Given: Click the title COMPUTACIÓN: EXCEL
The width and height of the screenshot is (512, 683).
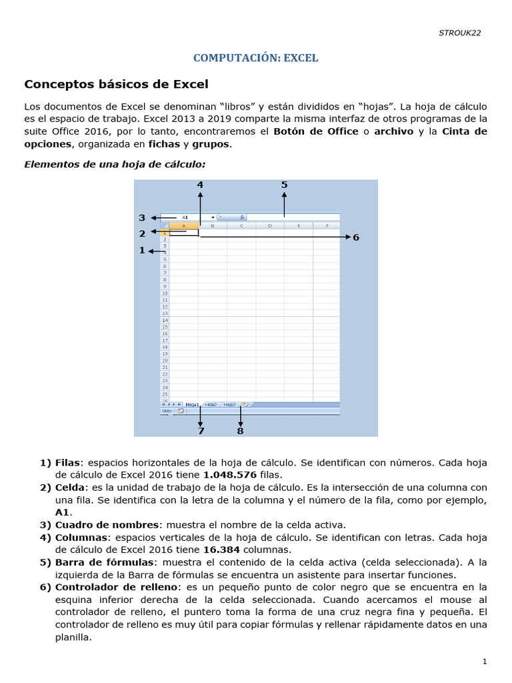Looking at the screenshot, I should point(255,58).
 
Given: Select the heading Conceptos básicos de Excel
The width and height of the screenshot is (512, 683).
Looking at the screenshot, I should point(116,84).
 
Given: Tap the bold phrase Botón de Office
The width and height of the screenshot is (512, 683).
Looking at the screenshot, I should point(315,131).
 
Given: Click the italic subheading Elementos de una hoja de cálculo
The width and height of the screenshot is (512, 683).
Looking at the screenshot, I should point(115,163).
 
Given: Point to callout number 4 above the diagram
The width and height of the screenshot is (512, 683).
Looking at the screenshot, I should point(200,185).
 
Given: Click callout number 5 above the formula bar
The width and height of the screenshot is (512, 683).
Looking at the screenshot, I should point(284,185).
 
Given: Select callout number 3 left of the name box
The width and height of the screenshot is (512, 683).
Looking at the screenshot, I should point(142,217).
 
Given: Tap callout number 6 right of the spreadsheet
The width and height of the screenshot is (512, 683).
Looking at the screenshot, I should point(356,237).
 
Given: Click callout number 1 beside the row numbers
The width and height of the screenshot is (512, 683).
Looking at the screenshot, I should point(142,250).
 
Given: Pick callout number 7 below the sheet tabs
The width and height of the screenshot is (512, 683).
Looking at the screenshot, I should point(200,431).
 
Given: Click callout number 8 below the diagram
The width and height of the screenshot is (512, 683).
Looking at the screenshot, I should point(240,431).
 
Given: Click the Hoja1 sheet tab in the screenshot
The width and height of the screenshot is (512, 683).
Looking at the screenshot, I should point(192,404).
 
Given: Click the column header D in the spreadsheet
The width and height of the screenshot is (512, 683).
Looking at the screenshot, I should point(269,226).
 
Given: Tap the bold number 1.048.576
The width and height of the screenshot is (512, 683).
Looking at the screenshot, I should point(230,475).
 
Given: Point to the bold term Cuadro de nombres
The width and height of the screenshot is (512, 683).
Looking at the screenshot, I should point(106,525).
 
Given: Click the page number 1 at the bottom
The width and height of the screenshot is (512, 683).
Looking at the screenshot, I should point(485,662).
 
